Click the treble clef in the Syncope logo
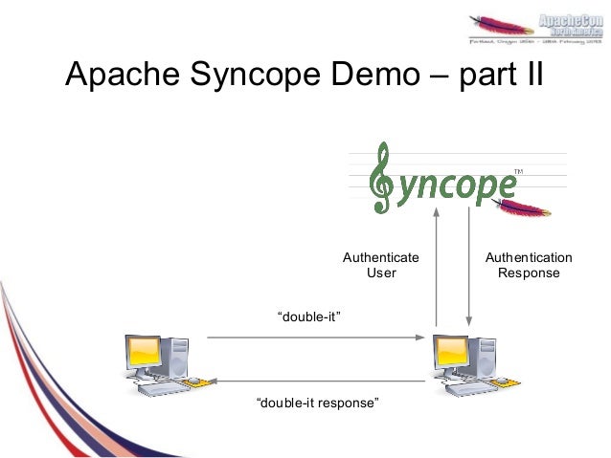382,179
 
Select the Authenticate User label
380,266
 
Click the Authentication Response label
529,266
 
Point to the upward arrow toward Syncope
437,268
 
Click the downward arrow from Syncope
468,268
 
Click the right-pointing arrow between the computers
316,338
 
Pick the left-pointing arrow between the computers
316,380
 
